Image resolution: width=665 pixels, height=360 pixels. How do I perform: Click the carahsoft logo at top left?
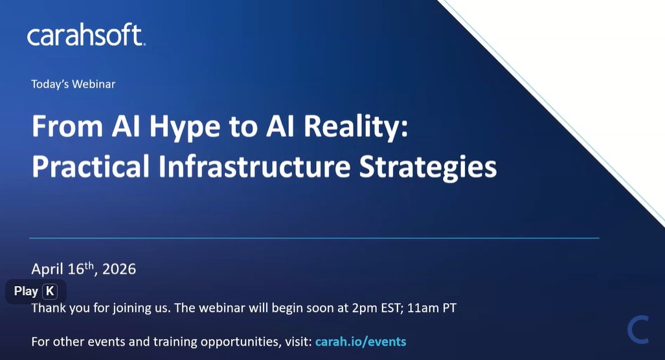86,36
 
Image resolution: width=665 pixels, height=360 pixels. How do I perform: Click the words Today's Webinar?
73,84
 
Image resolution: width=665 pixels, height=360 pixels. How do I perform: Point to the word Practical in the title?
90,166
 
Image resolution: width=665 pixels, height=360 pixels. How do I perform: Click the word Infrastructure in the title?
254,166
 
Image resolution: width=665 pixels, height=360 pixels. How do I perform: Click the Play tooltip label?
26,291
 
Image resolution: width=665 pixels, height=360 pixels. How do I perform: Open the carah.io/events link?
361,341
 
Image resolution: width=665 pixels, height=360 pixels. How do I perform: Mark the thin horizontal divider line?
314,238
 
